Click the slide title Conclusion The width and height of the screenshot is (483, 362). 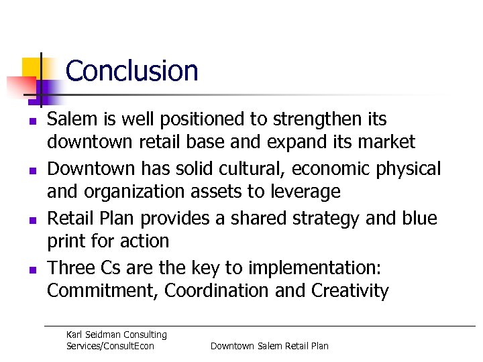pos(132,71)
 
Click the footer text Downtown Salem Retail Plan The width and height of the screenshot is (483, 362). pos(270,346)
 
